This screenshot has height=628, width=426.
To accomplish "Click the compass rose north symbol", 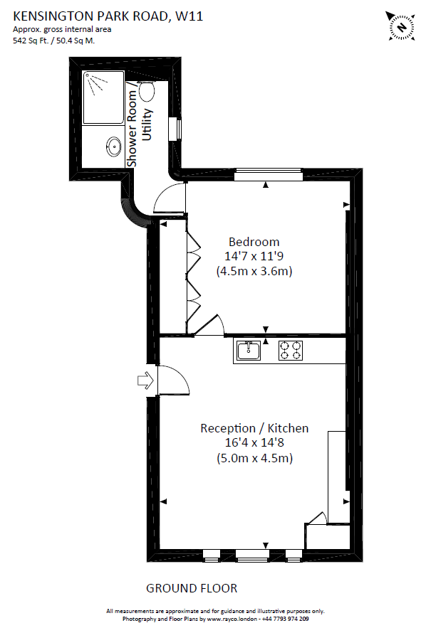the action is [x=401, y=27].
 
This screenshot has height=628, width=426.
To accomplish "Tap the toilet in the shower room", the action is [x=147, y=90].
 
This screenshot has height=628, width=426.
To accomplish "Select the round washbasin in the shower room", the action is [x=115, y=147].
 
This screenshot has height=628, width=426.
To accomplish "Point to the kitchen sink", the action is [x=249, y=351].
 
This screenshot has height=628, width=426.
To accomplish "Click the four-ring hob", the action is [x=291, y=351].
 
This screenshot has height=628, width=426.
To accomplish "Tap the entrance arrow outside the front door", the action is [x=145, y=380].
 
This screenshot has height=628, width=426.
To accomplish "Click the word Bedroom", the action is [x=254, y=242].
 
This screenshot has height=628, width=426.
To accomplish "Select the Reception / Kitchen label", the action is [x=254, y=428].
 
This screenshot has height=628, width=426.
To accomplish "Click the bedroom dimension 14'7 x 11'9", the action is [x=254, y=256].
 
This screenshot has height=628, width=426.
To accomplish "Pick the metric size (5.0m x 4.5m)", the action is [x=254, y=458].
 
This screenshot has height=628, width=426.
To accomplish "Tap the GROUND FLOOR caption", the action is [x=192, y=588].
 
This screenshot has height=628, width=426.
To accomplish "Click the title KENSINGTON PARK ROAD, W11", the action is [x=108, y=16].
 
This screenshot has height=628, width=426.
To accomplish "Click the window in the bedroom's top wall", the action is [x=268, y=175].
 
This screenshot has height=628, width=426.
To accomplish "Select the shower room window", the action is [x=175, y=129].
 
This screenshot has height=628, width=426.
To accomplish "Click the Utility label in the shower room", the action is [x=147, y=124].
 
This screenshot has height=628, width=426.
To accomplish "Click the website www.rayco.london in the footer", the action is [x=232, y=619].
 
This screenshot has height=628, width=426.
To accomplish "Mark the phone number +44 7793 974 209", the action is [x=285, y=619].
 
